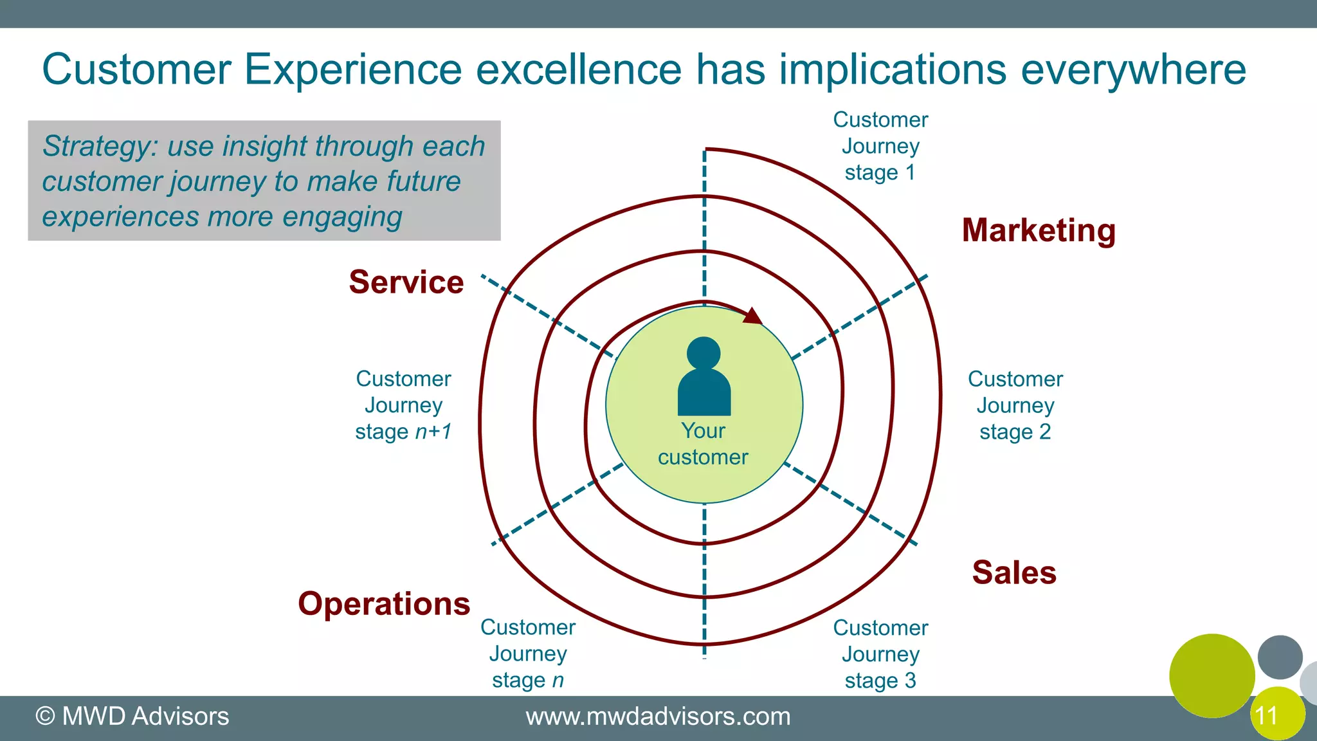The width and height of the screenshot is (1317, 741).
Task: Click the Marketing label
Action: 1039,230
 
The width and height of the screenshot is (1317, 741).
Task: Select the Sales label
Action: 1014,572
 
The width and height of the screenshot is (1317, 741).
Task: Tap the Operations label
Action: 384,604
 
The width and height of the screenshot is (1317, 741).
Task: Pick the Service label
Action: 406,282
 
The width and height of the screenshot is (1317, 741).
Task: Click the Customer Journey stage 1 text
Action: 880,146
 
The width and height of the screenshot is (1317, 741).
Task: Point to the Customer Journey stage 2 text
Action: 1015,405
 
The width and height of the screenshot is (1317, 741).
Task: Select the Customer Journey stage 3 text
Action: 880,654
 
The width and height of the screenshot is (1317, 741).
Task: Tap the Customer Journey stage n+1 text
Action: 403,405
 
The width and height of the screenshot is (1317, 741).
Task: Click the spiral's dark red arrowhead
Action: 753,316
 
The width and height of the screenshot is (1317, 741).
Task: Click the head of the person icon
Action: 704,353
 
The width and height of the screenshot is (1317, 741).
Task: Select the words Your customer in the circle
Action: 703,444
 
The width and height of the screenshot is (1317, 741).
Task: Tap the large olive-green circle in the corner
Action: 1212,675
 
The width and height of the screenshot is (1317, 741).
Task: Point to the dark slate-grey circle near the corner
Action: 1280,657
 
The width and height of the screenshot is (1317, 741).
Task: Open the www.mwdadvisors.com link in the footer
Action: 658,717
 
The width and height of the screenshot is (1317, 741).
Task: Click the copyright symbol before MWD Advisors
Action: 45,717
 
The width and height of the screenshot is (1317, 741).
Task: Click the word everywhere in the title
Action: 1133,69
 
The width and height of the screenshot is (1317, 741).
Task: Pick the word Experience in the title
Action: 353,69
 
